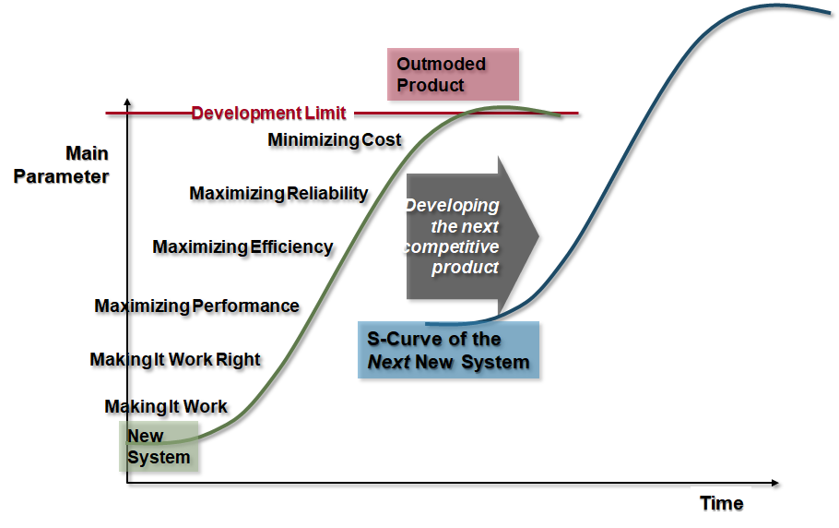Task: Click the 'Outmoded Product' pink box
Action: (453, 75)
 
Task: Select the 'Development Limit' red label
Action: (268, 113)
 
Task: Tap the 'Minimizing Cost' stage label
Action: (335, 139)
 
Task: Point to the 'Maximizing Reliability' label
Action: (278, 193)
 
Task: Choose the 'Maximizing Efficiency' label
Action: (242, 246)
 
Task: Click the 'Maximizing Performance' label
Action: (197, 306)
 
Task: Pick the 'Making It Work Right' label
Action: (175, 359)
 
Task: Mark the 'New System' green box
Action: (159, 447)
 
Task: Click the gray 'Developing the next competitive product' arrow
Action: (472, 236)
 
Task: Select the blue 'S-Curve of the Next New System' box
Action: (448, 350)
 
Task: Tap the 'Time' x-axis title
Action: (722, 503)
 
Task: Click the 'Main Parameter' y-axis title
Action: (61, 165)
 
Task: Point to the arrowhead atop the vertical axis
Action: (127, 102)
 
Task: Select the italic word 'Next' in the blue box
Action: (389, 363)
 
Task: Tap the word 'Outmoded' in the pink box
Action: (442, 65)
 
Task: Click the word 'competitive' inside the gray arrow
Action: (452, 246)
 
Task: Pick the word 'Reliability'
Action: (327, 193)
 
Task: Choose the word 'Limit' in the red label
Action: (325, 113)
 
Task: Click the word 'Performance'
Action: (246, 306)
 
